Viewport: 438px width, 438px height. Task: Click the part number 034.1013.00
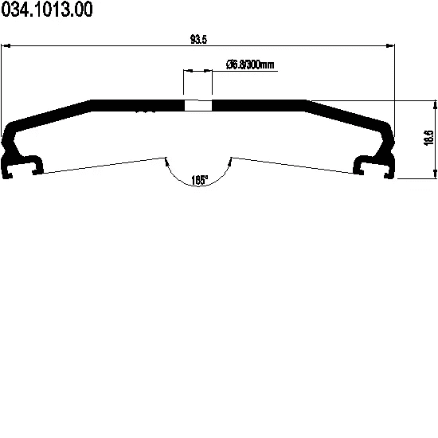point(47,10)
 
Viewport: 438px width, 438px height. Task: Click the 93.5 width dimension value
point(198,39)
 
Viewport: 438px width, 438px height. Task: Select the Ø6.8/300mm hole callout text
point(250,65)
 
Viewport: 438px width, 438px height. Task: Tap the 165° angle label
point(199,180)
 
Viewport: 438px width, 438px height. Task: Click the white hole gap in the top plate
point(198,106)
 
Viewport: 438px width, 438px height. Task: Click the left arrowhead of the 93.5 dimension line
point(6,45)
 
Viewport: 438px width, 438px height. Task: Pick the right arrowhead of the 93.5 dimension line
point(389,45)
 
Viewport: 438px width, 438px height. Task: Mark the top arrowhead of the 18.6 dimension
point(435,105)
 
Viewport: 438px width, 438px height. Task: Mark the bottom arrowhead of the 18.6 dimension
point(435,174)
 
